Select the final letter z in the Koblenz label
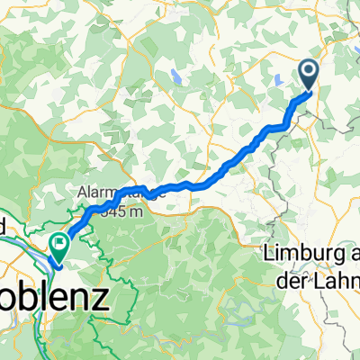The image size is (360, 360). pyautogui.click(x=99, y=294)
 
